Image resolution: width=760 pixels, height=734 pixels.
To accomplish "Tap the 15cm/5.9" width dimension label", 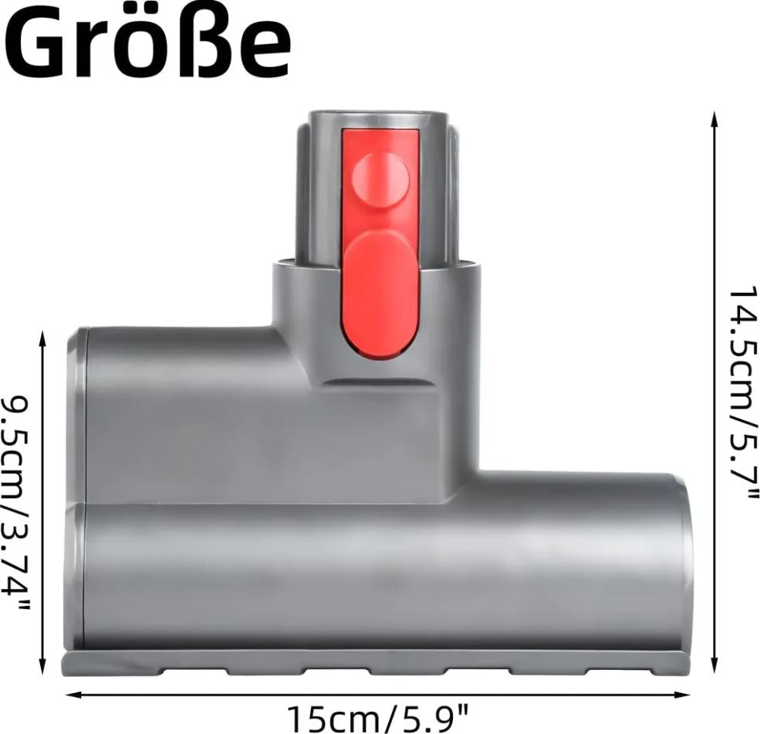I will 377,718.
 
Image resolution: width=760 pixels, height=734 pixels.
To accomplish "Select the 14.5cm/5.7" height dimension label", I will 742,393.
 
